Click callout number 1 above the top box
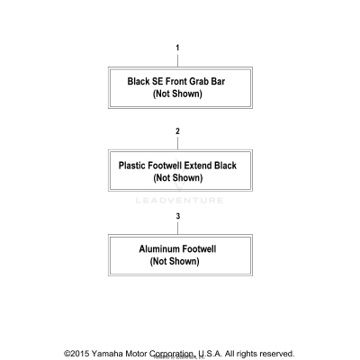(x=177, y=48)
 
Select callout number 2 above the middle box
(x=177, y=131)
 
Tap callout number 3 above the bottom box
(x=178, y=216)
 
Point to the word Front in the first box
(x=176, y=81)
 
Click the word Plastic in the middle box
(x=132, y=166)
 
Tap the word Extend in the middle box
(x=198, y=166)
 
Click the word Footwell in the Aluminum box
(x=199, y=249)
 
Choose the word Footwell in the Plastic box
(x=165, y=166)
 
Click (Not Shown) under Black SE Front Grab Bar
(x=177, y=94)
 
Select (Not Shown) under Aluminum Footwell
(x=175, y=261)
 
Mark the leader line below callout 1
(x=177, y=60)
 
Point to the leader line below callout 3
(x=178, y=229)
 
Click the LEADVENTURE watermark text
(x=179, y=201)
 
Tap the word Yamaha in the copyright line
(x=107, y=354)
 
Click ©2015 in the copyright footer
(x=76, y=354)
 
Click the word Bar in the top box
(x=218, y=81)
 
